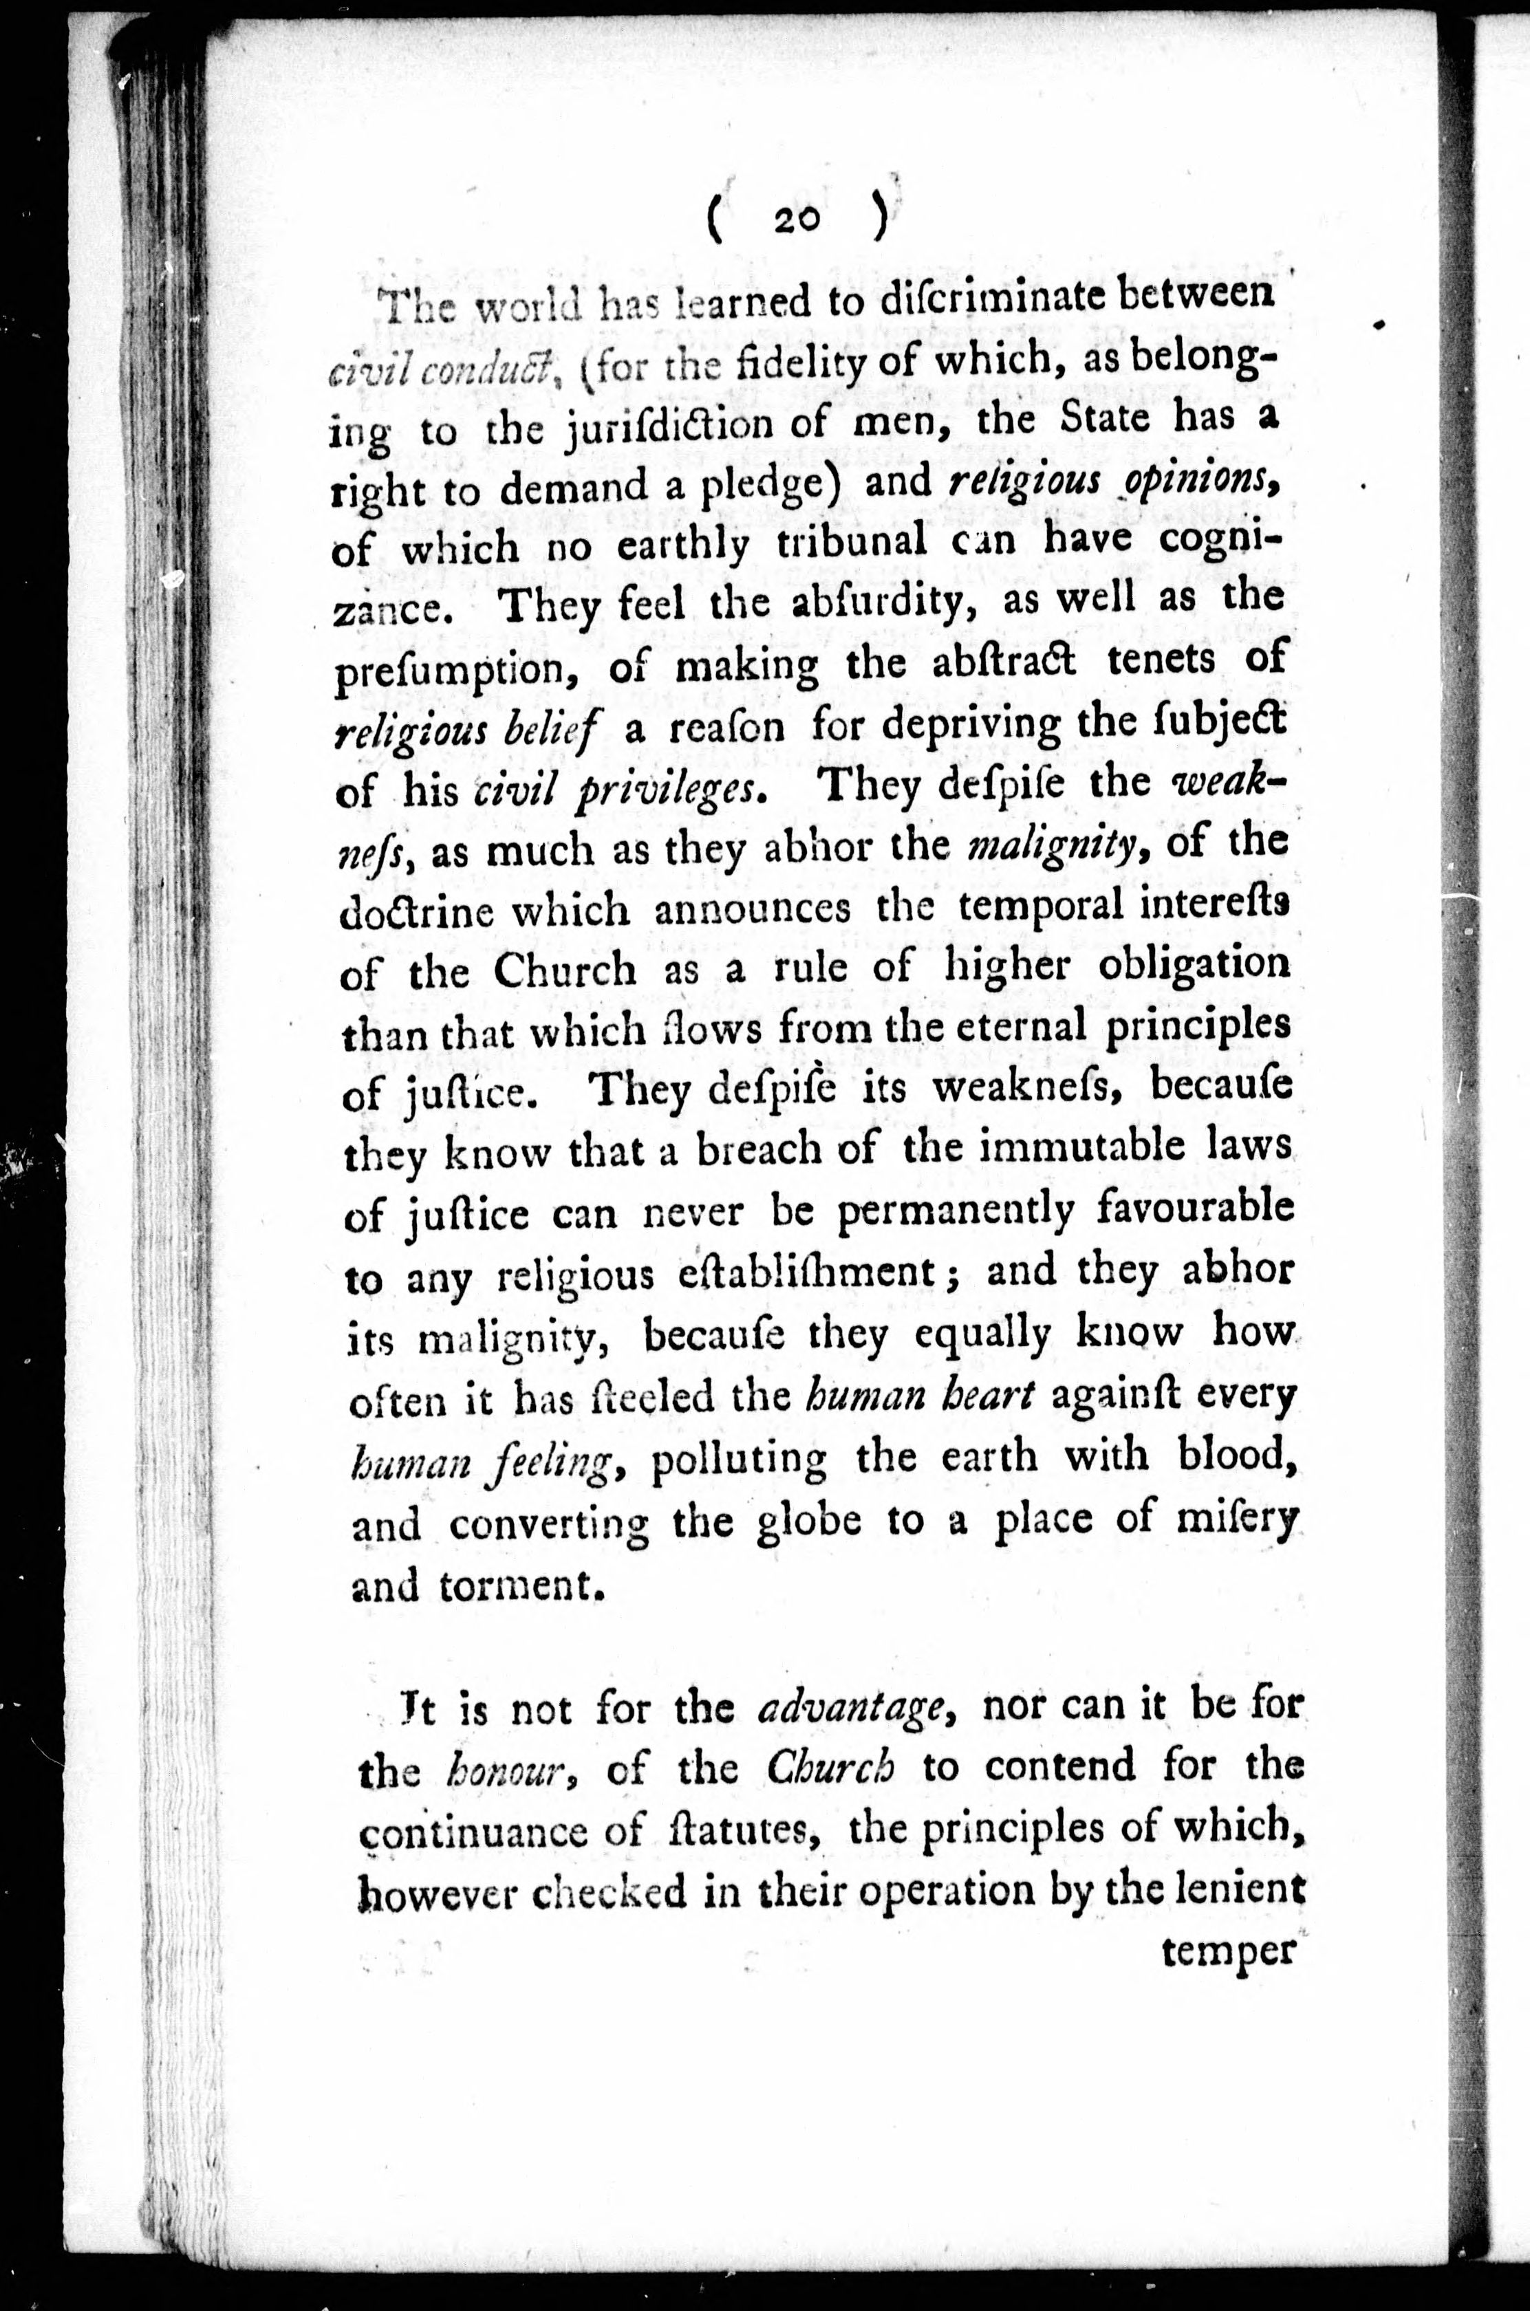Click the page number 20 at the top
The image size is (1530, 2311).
click(798, 222)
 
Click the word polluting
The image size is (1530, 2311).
click(737, 1460)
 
